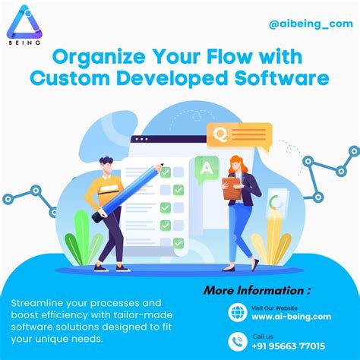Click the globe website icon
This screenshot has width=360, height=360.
(x=237, y=312)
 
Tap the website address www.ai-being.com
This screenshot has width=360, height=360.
(x=291, y=317)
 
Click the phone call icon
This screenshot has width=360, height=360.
(x=237, y=341)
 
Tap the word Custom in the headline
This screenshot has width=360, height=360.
(x=73, y=78)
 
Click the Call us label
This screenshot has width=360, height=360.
(x=262, y=335)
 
